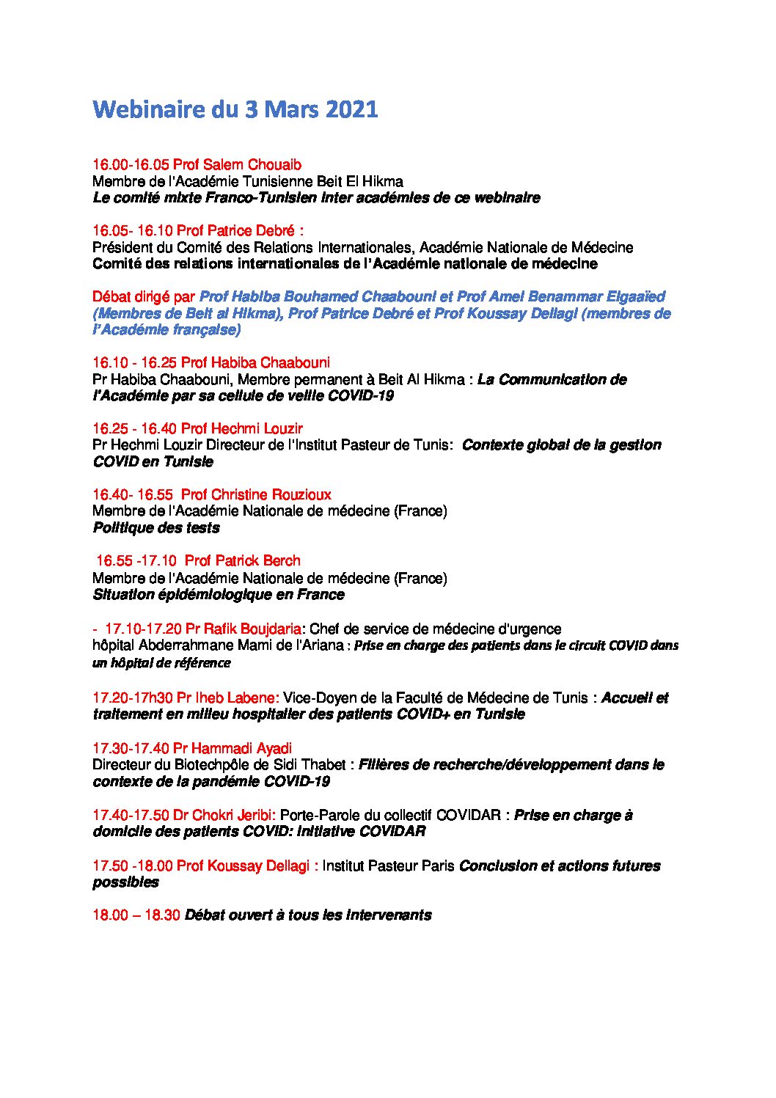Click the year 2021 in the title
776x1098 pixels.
pyautogui.click(x=351, y=109)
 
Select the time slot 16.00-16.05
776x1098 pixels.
pyautogui.click(x=131, y=164)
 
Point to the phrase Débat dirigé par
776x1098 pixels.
pyautogui.click(x=144, y=296)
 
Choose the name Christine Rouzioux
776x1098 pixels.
pyautogui.click(x=271, y=494)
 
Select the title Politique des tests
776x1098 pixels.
pyautogui.click(x=156, y=527)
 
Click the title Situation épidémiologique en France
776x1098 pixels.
pyautogui.click(x=219, y=594)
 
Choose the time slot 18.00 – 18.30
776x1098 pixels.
pyautogui.click(x=136, y=915)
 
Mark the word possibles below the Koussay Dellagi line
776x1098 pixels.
pyautogui.click(x=125, y=882)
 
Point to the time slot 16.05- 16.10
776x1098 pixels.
pyautogui.click(x=132, y=230)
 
